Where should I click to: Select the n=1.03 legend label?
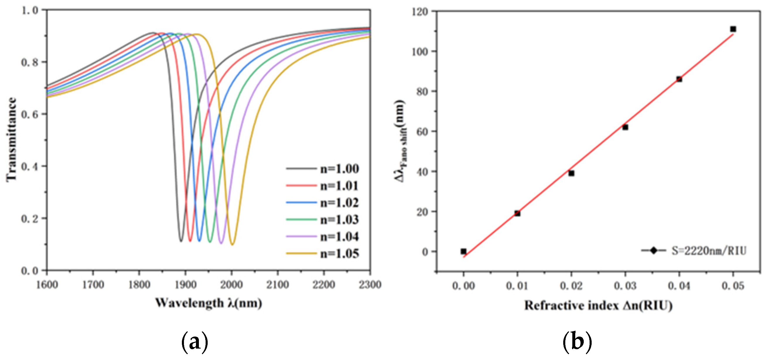point(339,220)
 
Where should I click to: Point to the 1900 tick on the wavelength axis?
point(185,284)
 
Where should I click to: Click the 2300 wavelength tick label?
point(370,284)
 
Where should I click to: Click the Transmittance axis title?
point(11,140)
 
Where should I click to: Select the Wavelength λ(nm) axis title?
point(209,303)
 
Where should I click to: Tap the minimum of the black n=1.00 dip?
point(181,241)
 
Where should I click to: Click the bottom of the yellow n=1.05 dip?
point(232,244)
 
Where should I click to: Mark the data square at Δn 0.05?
point(733,29)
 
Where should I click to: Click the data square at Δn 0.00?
point(464,251)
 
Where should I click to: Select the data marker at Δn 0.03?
point(625,127)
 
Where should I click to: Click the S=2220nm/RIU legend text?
point(709,251)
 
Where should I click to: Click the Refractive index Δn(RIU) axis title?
point(598,306)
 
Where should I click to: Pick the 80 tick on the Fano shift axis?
point(423,91)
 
